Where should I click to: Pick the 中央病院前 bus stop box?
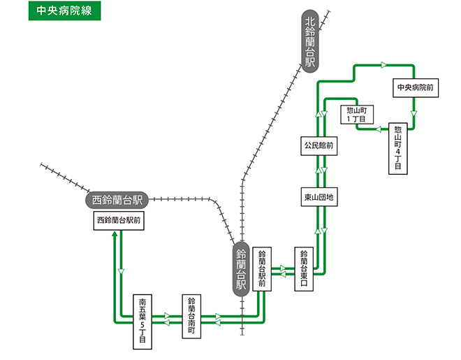pos(415,87)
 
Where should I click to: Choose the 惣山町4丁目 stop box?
pos(398,148)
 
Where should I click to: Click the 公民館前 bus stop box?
pos(318,147)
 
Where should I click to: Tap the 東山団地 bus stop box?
pos(319,198)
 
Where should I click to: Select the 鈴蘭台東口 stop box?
pos(304,268)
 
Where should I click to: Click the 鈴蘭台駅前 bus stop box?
pos(263,268)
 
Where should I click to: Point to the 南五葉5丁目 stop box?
pos(142,322)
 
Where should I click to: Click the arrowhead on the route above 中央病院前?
pos(383,65)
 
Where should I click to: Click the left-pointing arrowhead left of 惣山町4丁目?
pos(377,130)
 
